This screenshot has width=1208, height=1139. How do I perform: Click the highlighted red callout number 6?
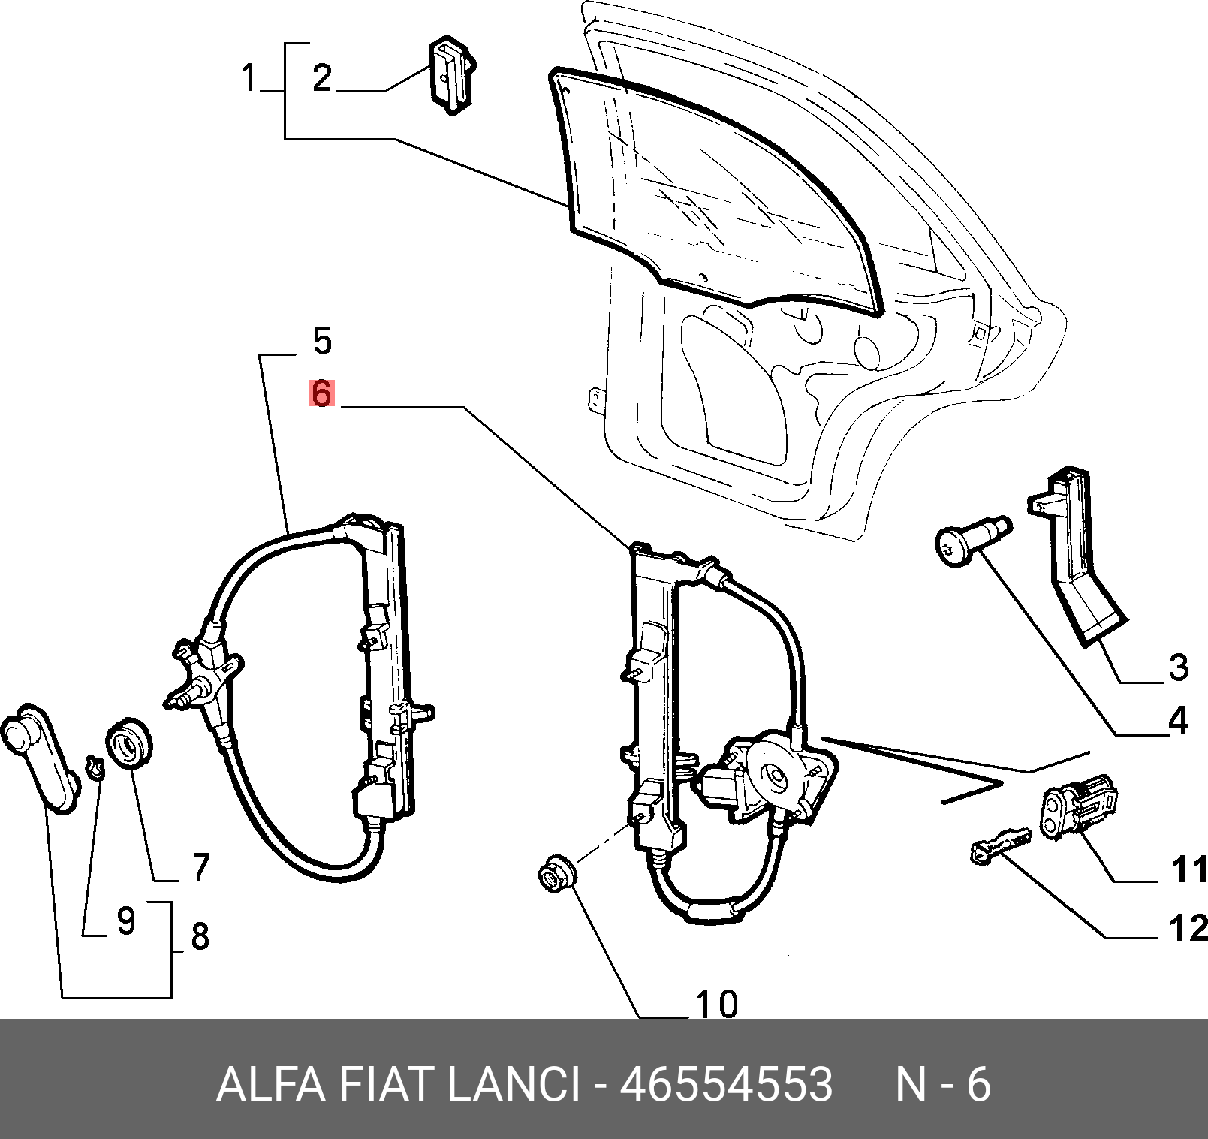pos(321,393)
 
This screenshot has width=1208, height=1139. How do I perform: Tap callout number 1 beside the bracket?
pos(249,78)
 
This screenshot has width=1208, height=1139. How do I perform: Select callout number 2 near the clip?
pos(322,78)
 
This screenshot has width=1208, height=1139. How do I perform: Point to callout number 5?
pos(322,341)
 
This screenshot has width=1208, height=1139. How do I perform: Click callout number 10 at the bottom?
pos(717,1004)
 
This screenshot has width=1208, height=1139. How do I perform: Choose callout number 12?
pos(1188,928)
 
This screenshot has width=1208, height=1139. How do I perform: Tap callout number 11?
pos(1189,869)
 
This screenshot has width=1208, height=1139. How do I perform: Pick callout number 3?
pos(1179,667)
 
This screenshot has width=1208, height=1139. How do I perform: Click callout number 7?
pos(200,867)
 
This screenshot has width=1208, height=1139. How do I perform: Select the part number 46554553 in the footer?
pos(726,1084)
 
